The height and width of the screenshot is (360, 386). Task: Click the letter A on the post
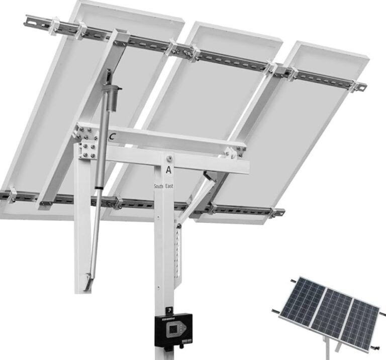[x=169, y=169]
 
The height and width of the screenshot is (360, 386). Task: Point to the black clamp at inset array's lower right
[x=374, y=346]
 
